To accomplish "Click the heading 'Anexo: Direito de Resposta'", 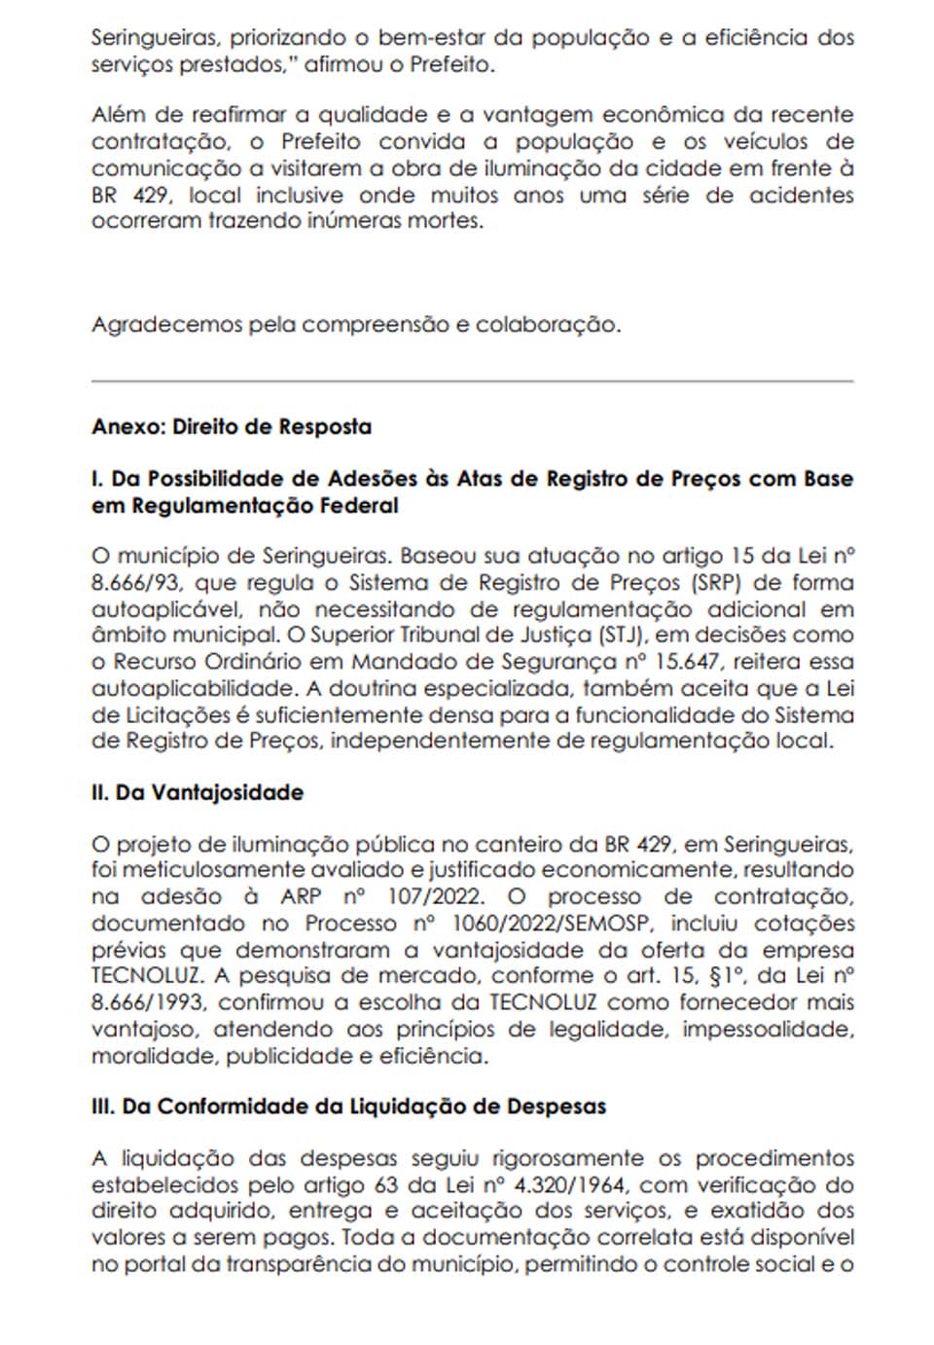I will coord(232,426).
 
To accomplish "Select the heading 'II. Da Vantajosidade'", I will coord(198,792).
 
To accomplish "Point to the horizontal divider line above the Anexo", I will coord(472,381).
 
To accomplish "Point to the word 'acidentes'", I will coord(801,194).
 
